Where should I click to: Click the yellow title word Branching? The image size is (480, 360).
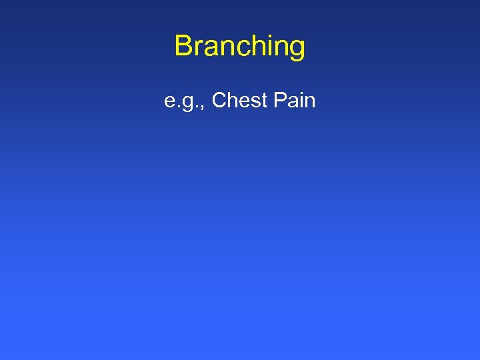click(239, 47)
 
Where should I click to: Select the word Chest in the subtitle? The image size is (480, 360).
click(238, 101)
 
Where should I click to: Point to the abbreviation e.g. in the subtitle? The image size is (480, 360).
click(182, 102)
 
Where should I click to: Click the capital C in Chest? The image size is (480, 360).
click(219, 101)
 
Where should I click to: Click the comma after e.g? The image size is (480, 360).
click(201, 107)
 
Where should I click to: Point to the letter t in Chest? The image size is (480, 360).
click(261, 101)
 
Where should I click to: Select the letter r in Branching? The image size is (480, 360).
click(198, 49)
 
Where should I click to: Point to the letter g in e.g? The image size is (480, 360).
click(188, 104)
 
